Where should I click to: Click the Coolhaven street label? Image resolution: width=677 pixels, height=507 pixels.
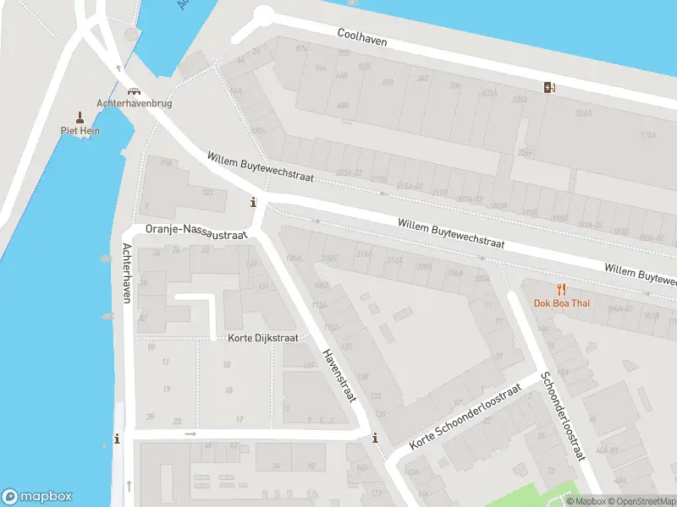[361, 35]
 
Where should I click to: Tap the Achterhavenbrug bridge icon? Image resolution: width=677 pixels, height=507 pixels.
[132, 91]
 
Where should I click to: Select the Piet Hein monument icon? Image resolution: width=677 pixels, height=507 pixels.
[80, 117]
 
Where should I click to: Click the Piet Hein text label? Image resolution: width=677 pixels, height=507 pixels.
[80, 131]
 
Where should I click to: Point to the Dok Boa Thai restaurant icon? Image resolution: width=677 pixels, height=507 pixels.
[560, 290]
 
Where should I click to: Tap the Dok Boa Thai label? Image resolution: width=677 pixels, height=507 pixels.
[561, 303]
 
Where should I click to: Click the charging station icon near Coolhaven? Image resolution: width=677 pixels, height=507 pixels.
[550, 86]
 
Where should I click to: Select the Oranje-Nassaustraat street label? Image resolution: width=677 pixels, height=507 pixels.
[195, 229]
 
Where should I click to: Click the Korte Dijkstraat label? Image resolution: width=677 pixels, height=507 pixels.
[263, 338]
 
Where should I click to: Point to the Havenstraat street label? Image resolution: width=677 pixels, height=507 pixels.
[340, 375]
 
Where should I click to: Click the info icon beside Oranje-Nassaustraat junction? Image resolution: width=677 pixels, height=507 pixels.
[252, 202]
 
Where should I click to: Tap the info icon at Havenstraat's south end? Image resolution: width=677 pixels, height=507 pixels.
[375, 438]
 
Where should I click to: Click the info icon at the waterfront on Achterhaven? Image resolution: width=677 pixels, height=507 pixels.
[117, 439]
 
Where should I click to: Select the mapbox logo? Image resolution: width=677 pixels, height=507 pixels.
[37, 497]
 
